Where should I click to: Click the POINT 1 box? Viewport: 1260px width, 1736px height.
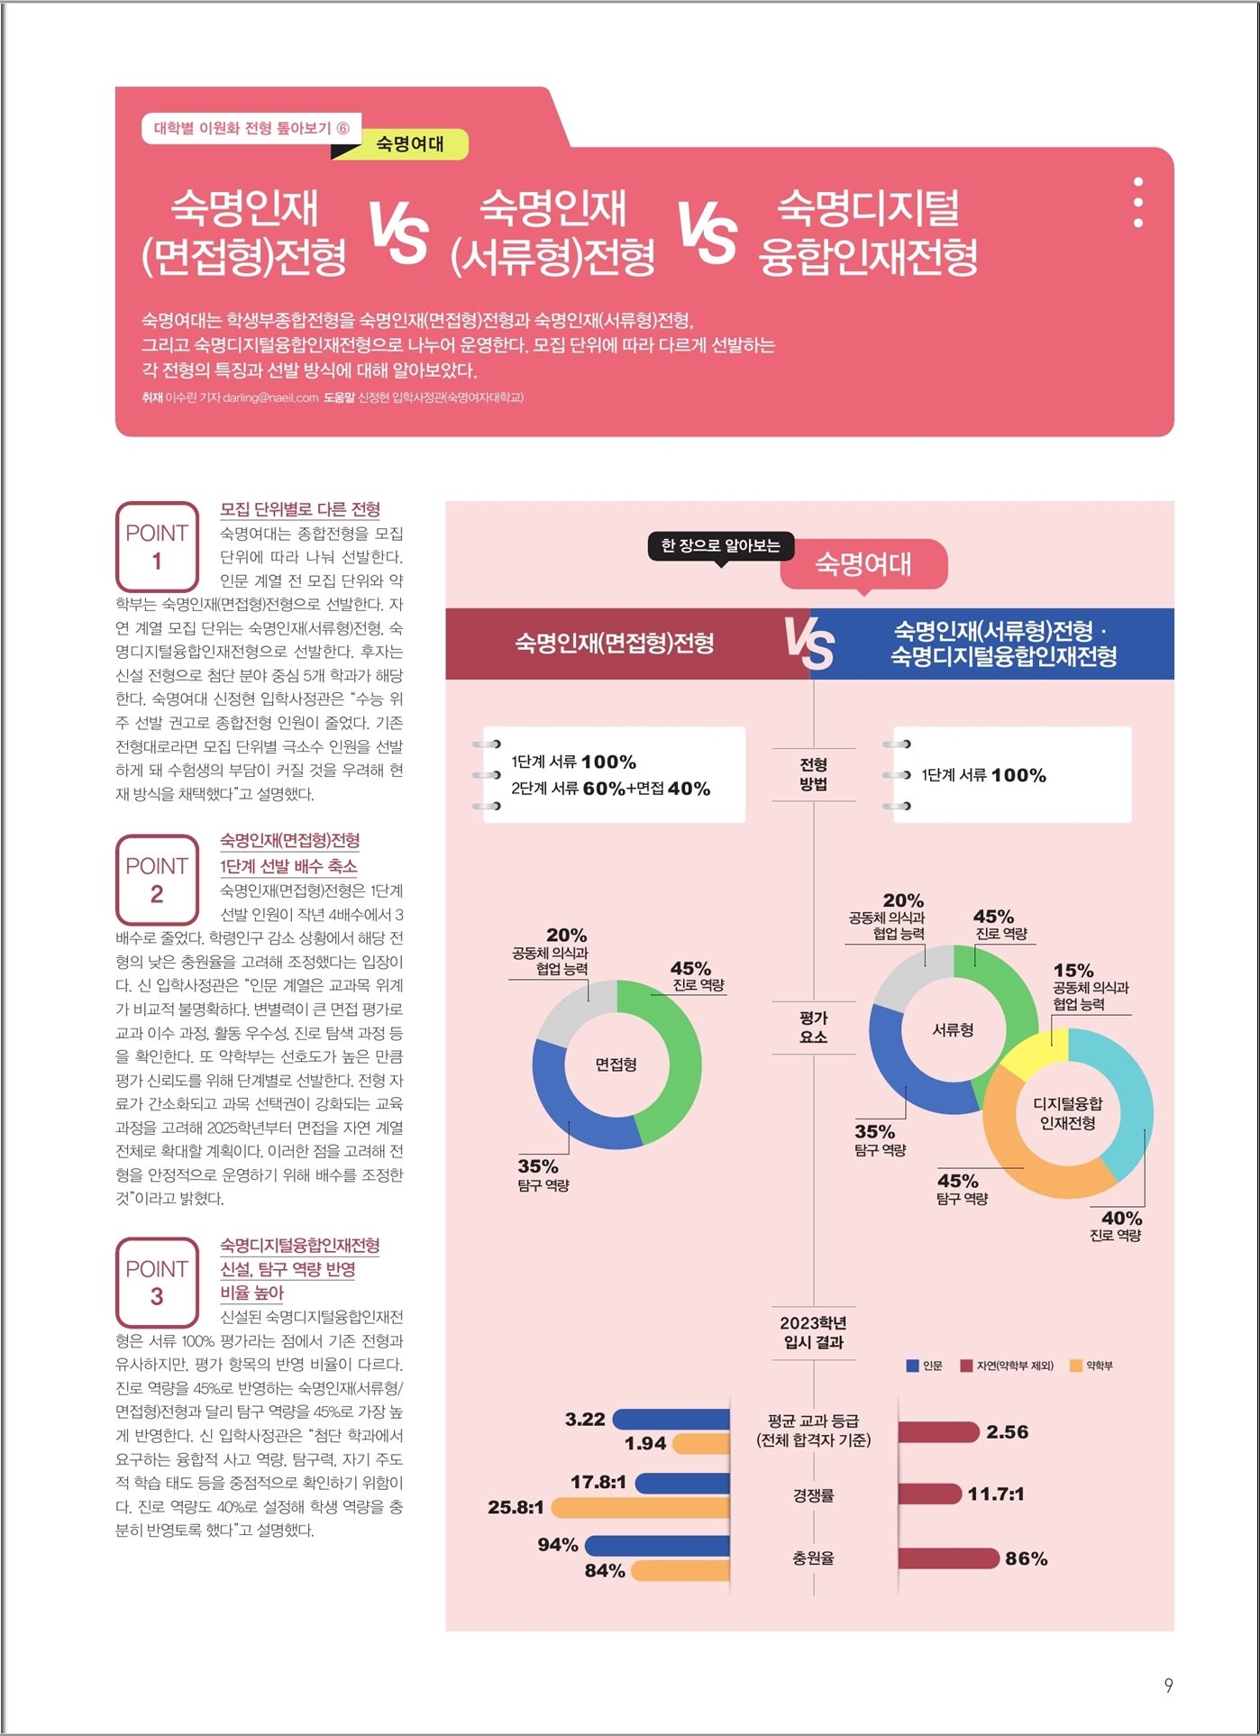157,546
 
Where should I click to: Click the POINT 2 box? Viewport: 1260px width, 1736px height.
157,879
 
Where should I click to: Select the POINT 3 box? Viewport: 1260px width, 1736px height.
157,1282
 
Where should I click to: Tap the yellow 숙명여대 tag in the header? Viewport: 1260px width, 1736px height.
410,144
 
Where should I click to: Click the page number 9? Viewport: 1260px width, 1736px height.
1168,1686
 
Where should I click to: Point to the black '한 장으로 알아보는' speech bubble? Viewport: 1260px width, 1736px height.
721,546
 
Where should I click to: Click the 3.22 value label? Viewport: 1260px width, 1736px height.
585,1419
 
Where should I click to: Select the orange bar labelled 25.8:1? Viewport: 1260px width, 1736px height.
641,1507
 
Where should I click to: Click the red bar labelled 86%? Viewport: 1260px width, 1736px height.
949,1558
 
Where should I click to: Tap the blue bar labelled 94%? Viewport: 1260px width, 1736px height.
658,1546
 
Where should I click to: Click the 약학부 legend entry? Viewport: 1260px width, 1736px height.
1091,1366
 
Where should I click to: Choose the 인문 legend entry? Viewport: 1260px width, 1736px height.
925,1366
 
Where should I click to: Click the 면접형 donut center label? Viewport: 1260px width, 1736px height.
616,1064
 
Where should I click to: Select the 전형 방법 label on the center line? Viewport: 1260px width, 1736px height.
814,774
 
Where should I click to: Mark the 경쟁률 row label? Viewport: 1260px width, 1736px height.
814,1495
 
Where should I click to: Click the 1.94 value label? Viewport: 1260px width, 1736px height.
645,1443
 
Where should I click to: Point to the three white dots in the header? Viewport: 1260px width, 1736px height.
1138,202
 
